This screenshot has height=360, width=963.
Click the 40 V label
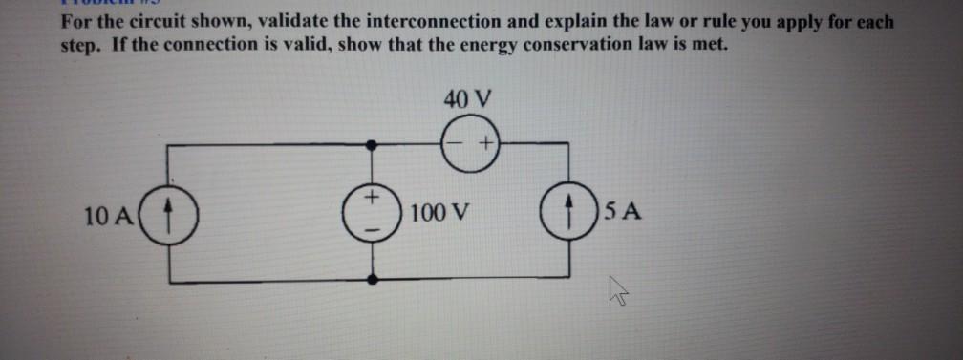(x=467, y=97)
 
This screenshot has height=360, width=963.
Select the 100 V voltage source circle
(x=373, y=212)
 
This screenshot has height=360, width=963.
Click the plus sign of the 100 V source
(x=374, y=198)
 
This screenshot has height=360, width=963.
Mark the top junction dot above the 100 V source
(x=373, y=145)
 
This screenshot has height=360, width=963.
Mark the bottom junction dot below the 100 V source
(x=373, y=280)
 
